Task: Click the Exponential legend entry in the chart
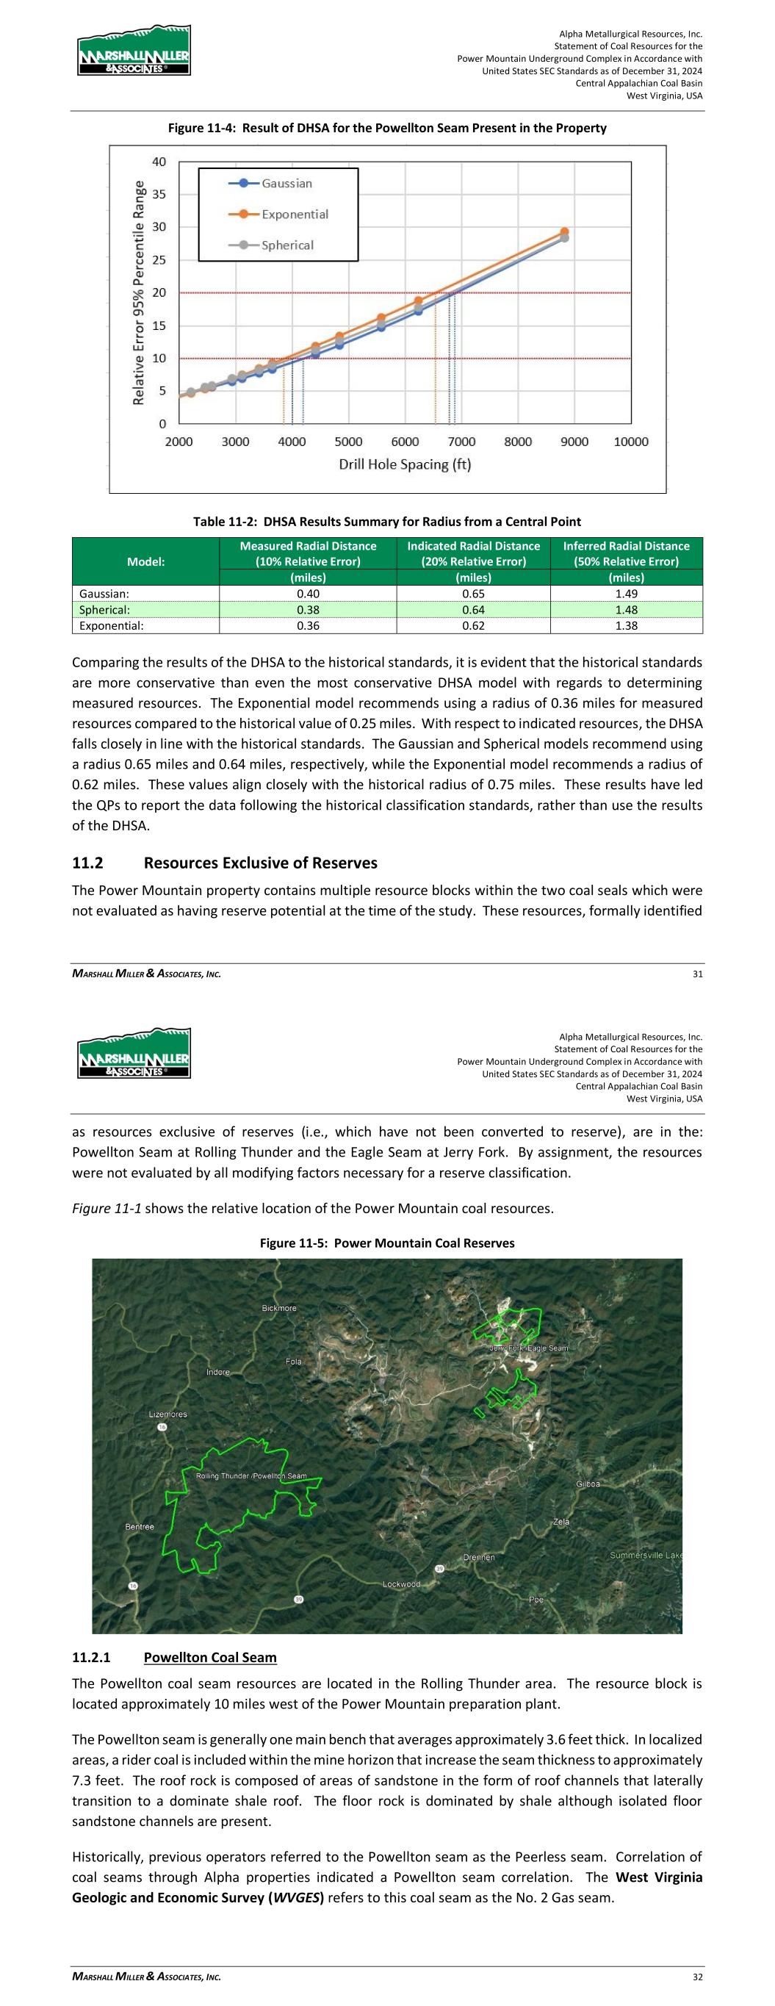tap(294, 214)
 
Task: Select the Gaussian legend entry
tap(286, 183)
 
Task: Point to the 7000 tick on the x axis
tap(461, 442)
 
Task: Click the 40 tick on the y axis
tap(159, 162)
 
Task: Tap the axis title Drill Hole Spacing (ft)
tap(404, 464)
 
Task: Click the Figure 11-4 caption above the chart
tap(387, 128)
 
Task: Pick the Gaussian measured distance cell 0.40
tap(308, 594)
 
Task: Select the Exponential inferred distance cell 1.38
tap(625, 625)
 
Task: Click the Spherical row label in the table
tap(105, 610)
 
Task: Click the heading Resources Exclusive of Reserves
tap(260, 863)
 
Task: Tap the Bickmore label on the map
tap(279, 1308)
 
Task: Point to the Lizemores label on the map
tap(168, 1414)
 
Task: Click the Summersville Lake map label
tap(645, 1555)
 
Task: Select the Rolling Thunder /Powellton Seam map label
tap(250, 1475)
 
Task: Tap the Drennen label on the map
tap(479, 1558)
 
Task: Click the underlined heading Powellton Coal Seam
tap(210, 1657)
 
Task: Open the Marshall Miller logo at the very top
tap(134, 51)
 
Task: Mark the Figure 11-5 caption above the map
tap(386, 1243)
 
